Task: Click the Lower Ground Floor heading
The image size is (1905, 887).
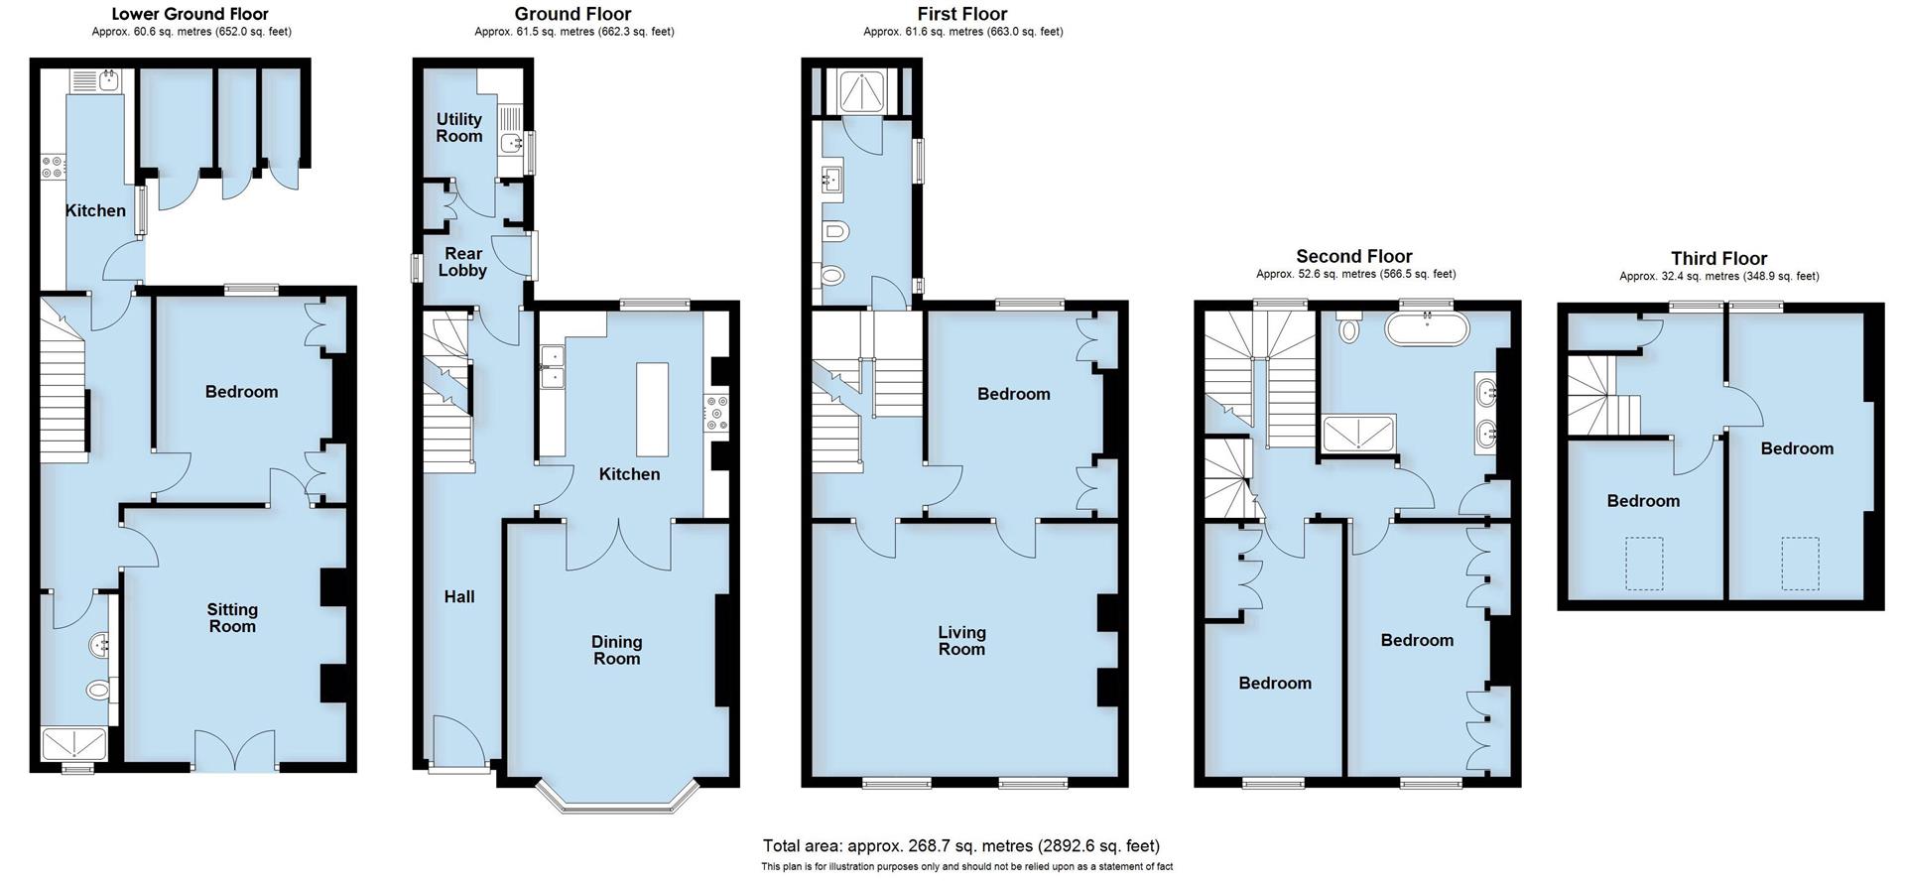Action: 190,14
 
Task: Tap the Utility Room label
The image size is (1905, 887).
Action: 459,127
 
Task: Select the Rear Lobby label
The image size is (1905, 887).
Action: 462,262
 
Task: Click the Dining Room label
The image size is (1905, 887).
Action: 616,650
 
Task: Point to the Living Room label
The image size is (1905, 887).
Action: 961,640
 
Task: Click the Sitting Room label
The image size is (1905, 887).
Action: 232,617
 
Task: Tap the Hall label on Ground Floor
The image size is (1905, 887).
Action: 459,596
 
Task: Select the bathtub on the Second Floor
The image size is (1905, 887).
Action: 1428,328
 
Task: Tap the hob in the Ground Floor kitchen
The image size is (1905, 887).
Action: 715,414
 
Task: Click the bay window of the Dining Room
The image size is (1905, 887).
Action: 617,800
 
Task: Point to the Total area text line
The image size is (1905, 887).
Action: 960,846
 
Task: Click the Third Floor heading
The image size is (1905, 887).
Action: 1718,259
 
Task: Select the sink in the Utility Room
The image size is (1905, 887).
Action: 512,145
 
